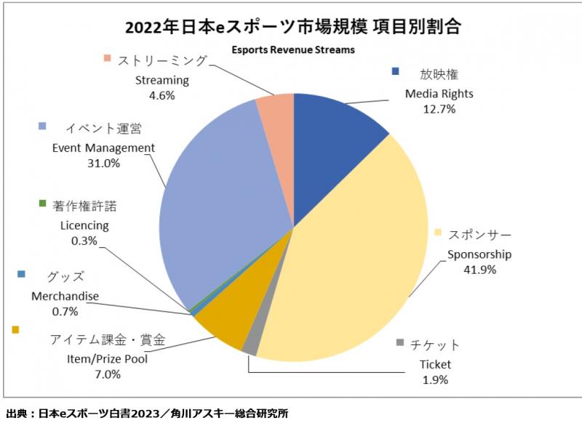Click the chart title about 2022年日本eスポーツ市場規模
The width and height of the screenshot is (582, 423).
[x=292, y=28]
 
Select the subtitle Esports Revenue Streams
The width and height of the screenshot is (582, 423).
[x=292, y=50]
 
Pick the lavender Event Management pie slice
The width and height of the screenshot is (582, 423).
[x=218, y=204]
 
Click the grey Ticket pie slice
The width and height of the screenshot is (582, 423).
[x=250, y=347]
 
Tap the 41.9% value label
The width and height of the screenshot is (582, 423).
[x=479, y=270]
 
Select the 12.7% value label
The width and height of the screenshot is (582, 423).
[x=439, y=109]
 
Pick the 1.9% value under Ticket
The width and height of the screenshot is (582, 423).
[x=435, y=379]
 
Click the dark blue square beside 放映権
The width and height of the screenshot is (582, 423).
[x=396, y=72]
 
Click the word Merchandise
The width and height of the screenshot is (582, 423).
[x=65, y=297]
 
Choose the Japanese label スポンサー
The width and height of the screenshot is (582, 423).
[x=481, y=235]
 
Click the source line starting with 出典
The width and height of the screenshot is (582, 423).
[x=146, y=413]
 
